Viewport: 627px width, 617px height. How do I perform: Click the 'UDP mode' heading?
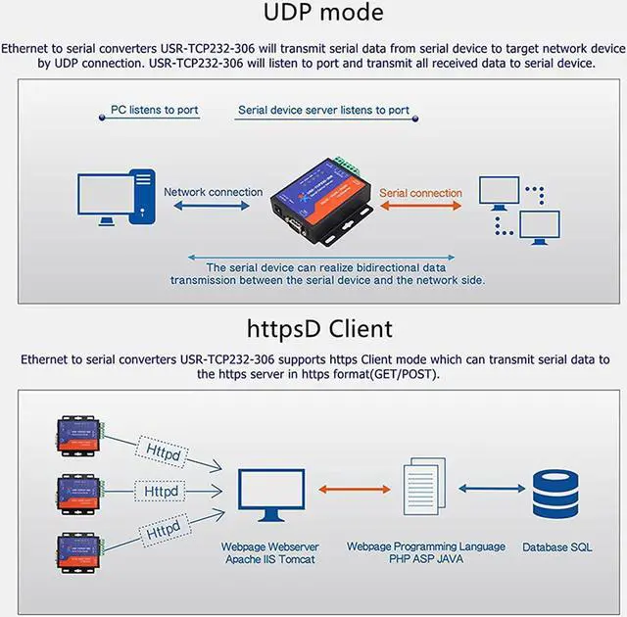[323, 14]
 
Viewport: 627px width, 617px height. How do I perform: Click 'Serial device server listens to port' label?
[323, 110]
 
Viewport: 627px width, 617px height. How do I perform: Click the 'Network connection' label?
[213, 192]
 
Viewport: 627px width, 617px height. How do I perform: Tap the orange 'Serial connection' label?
[420, 193]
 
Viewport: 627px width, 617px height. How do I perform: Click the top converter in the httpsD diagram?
[79, 435]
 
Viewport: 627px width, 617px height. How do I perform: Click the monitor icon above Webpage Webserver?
[267, 495]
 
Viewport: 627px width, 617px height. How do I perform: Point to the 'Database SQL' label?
[556, 546]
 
